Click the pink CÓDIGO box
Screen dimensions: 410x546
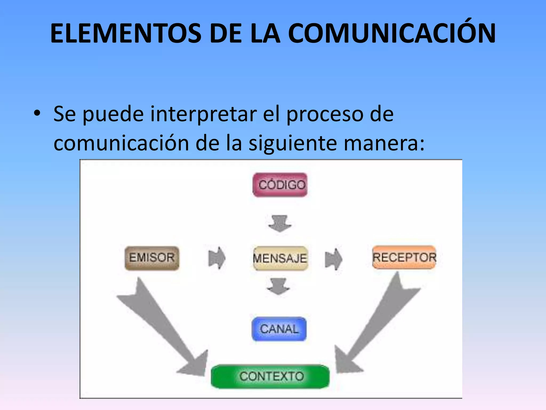click(280, 185)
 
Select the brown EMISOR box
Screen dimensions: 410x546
click(152, 258)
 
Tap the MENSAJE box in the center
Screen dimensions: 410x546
click(280, 258)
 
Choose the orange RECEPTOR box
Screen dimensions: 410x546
click(404, 257)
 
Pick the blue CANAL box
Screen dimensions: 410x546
click(279, 329)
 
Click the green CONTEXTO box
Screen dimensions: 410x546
click(270, 376)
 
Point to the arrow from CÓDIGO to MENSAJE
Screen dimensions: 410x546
click(280, 223)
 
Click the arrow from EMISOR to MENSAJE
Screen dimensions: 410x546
click(216, 258)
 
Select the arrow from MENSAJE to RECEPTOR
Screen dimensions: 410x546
click(334, 259)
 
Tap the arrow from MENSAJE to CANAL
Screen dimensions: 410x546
click(278, 286)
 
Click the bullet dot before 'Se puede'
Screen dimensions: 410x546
click(37, 114)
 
